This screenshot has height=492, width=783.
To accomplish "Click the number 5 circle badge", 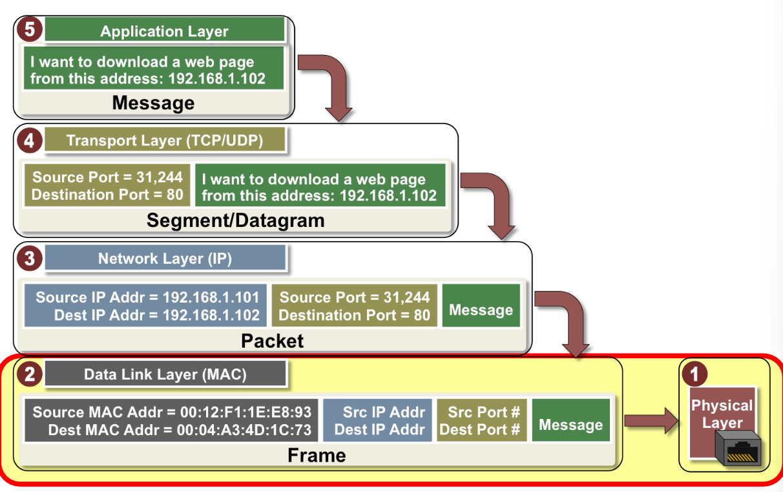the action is coord(30,29).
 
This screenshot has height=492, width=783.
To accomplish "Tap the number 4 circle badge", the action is coord(30,140).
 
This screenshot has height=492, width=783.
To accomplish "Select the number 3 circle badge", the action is coord(30,258).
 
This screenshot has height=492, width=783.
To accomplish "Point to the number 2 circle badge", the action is coord(30,374).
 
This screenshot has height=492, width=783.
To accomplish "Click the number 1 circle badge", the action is coord(694,374).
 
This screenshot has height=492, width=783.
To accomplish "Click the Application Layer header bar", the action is coord(165,30).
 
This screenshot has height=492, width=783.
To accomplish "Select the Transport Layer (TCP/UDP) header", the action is coord(165,140).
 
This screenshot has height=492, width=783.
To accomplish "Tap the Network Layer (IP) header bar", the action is coord(165,257).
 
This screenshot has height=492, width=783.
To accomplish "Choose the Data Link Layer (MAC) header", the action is coord(165,374).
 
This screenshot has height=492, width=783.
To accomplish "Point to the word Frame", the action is coord(317,455).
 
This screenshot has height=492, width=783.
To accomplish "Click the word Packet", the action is coord(272,341).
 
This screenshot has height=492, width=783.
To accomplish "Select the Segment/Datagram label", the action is coord(235,220).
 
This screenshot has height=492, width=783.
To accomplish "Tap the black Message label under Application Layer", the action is coord(153,103).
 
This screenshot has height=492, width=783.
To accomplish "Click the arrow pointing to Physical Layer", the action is coord(651,421).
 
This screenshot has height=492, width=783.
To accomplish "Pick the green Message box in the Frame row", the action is coord(571,420).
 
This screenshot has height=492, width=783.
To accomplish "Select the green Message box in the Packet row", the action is coord(481,306).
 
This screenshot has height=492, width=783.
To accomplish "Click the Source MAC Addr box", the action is coord(171,420).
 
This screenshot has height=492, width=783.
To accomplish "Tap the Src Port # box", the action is coord(482,420).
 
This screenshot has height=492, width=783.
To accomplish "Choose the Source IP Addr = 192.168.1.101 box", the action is coord(145,306).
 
